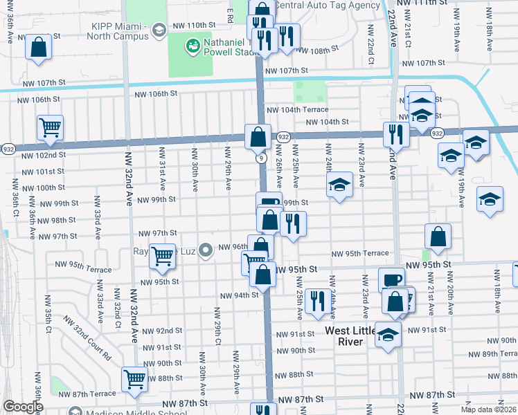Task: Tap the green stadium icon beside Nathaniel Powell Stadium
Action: click(192, 46)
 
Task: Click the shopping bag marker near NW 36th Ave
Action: click(39, 48)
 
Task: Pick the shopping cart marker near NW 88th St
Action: click(134, 378)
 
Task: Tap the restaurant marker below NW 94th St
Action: click(317, 301)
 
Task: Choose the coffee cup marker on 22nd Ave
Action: click(391, 279)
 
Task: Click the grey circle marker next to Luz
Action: click(205, 250)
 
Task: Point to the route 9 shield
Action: click(261, 158)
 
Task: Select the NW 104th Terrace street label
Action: click(297, 110)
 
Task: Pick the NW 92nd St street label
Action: click(162, 331)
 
